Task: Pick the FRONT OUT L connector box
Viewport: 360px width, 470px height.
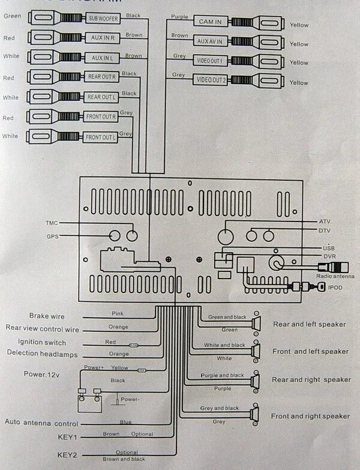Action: pyautogui.click(x=100, y=137)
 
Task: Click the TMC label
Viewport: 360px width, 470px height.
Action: pyautogui.click(x=52, y=223)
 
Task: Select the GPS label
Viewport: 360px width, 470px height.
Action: pyautogui.click(x=52, y=236)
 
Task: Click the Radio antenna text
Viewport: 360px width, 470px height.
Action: pyautogui.click(x=335, y=276)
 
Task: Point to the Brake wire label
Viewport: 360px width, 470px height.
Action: pyautogui.click(x=47, y=316)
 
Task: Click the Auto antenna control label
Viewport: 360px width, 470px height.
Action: pyautogui.click(x=41, y=423)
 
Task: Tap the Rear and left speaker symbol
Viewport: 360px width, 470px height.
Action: pyautogui.click(x=257, y=324)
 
